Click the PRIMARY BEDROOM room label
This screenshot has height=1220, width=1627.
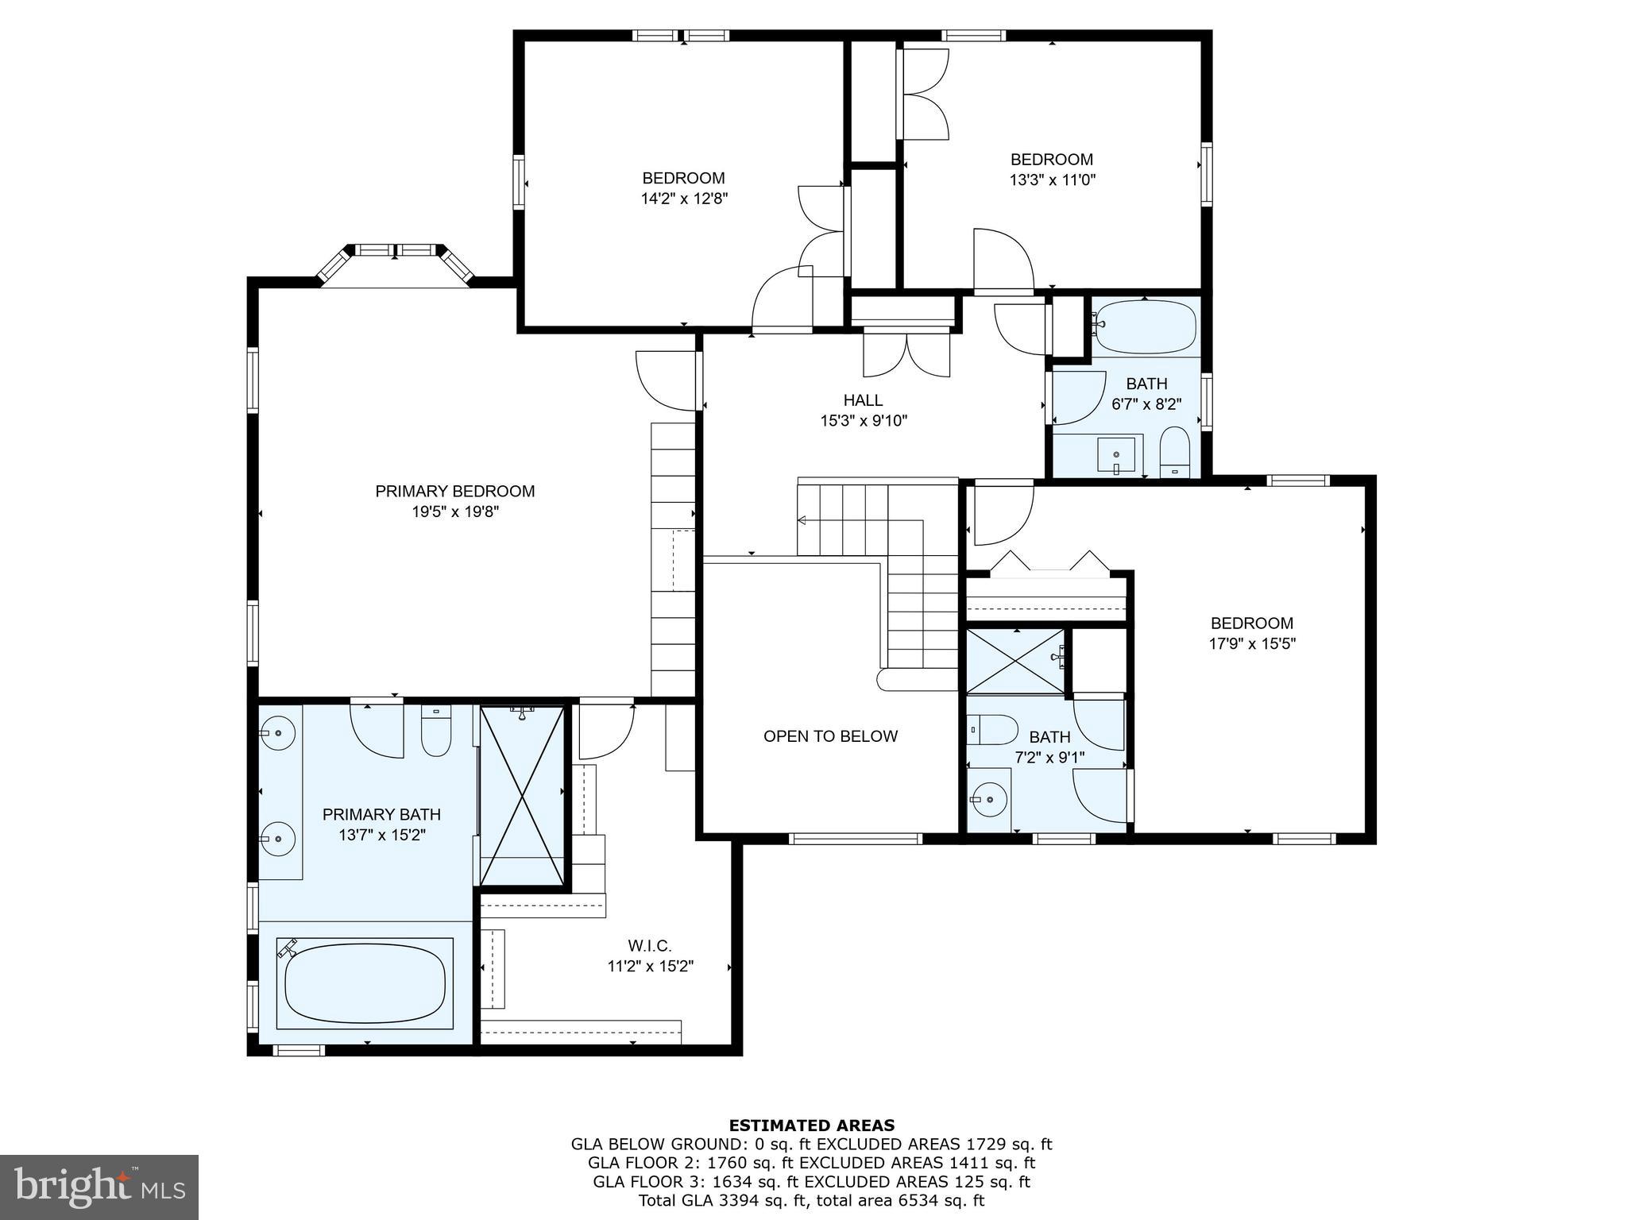(x=454, y=491)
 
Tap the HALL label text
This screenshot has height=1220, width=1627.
(x=863, y=400)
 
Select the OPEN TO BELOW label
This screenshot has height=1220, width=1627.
(x=830, y=736)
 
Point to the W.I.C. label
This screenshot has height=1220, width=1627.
(x=649, y=946)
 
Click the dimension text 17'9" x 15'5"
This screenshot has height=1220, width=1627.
(x=1251, y=644)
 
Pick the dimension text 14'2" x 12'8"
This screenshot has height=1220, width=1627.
(x=684, y=199)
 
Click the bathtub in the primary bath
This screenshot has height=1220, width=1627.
(x=365, y=983)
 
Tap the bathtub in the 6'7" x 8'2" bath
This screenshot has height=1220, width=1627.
(x=1145, y=326)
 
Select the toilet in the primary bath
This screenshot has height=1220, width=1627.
(x=435, y=732)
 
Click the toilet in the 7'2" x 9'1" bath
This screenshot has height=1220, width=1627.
(x=993, y=729)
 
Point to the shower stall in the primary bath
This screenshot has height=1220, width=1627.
(x=522, y=794)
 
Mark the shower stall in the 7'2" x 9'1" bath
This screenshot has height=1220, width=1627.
(x=1014, y=661)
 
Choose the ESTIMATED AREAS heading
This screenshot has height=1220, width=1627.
(x=811, y=1125)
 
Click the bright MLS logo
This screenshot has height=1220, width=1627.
(x=99, y=1187)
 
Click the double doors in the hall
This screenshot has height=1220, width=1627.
(x=906, y=355)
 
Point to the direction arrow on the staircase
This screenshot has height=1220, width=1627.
(x=802, y=520)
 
